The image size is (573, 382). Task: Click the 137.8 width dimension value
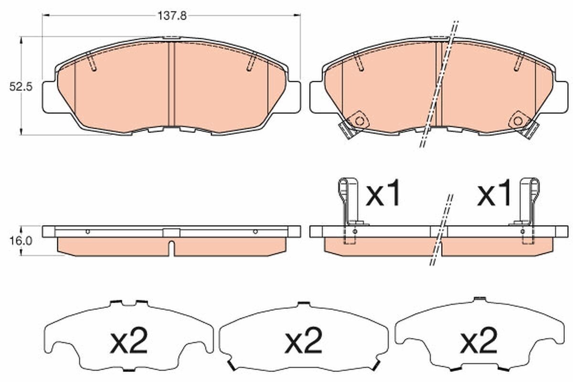(x=171, y=15)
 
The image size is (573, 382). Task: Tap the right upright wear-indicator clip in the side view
(x=529, y=201)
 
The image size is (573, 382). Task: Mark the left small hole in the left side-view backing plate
(x=87, y=232)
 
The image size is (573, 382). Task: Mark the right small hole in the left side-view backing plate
(x=255, y=232)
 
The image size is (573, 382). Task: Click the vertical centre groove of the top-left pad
(x=172, y=84)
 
